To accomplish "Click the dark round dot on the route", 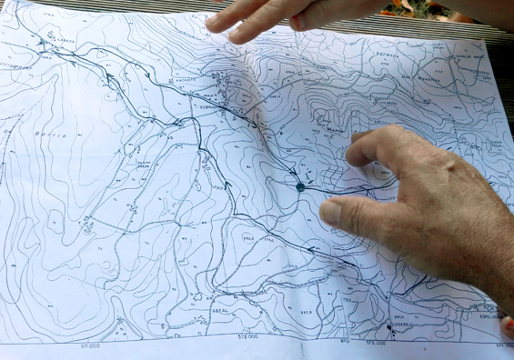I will (x=300, y=187).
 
